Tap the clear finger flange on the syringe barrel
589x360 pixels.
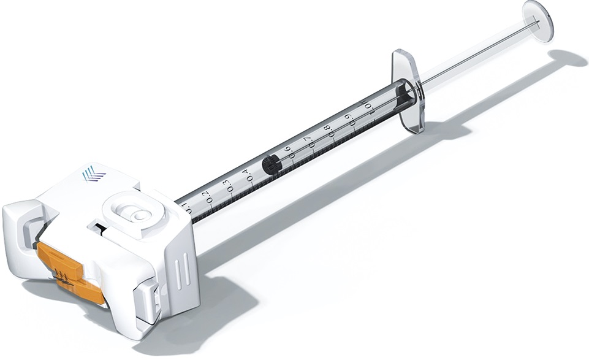coord(408,90)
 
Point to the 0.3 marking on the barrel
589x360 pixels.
coord(227,186)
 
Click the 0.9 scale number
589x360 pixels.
coord(348,120)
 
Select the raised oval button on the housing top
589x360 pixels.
coord(133,212)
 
